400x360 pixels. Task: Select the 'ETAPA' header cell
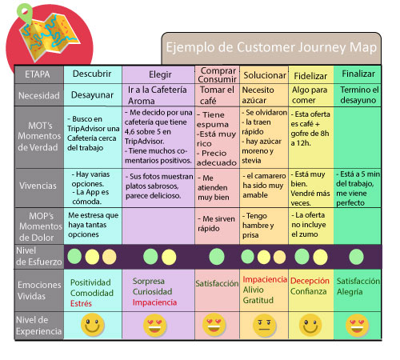point(38,74)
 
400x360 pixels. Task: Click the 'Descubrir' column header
point(93,74)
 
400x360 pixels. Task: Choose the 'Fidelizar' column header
point(310,74)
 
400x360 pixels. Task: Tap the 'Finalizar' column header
point(358,74)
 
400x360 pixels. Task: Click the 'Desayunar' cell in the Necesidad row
point(93,94)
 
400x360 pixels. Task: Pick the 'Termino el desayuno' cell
point(358,95)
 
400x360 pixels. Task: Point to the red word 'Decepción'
point(310,282)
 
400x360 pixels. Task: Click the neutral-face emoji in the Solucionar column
point(263,326)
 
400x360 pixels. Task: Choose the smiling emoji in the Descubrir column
point(93,326)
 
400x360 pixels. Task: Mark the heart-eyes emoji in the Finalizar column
point(357,326)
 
